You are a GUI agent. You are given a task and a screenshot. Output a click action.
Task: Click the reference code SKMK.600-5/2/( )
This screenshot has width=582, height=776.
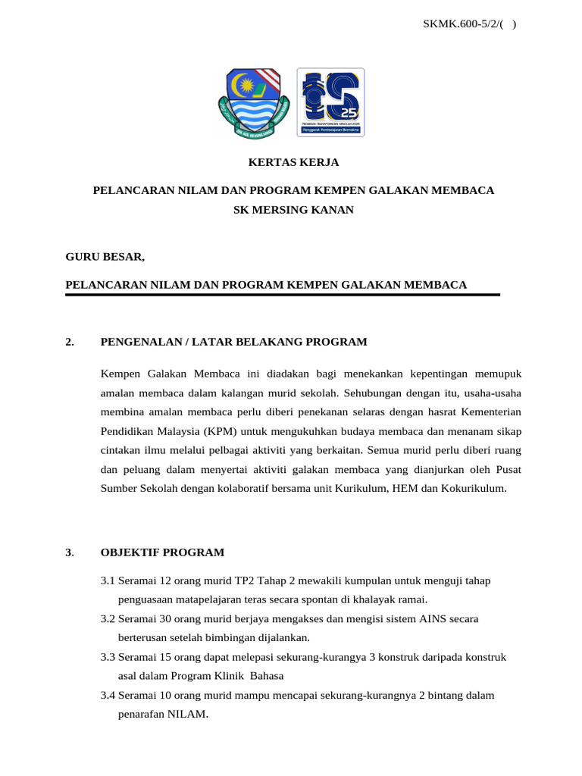(x=469, y=24)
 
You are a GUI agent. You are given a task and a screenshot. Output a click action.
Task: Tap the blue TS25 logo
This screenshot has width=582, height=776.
(x=330, y=102)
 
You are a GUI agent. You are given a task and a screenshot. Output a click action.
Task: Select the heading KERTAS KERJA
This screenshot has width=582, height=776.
(x=294, y=162)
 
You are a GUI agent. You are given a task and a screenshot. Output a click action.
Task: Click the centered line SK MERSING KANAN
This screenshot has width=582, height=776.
(x=293, y=209)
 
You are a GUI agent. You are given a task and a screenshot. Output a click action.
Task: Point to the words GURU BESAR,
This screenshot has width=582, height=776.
(x=105, y=257)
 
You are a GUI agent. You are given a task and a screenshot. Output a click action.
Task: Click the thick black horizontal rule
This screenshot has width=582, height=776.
(x=283, y=295)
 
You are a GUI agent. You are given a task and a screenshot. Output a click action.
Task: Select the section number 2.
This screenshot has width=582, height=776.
(x=70, y=342)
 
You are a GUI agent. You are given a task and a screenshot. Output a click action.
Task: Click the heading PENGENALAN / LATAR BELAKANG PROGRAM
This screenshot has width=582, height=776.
(x=233, y=342)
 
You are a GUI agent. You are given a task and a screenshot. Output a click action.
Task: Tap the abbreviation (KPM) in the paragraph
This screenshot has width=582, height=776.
(x=220, y=430)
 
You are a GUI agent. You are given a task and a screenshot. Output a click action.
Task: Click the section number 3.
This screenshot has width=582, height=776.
(x=70, y=552)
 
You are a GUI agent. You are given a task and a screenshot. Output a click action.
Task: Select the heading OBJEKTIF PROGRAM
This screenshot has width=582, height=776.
(x=162, y=552)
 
